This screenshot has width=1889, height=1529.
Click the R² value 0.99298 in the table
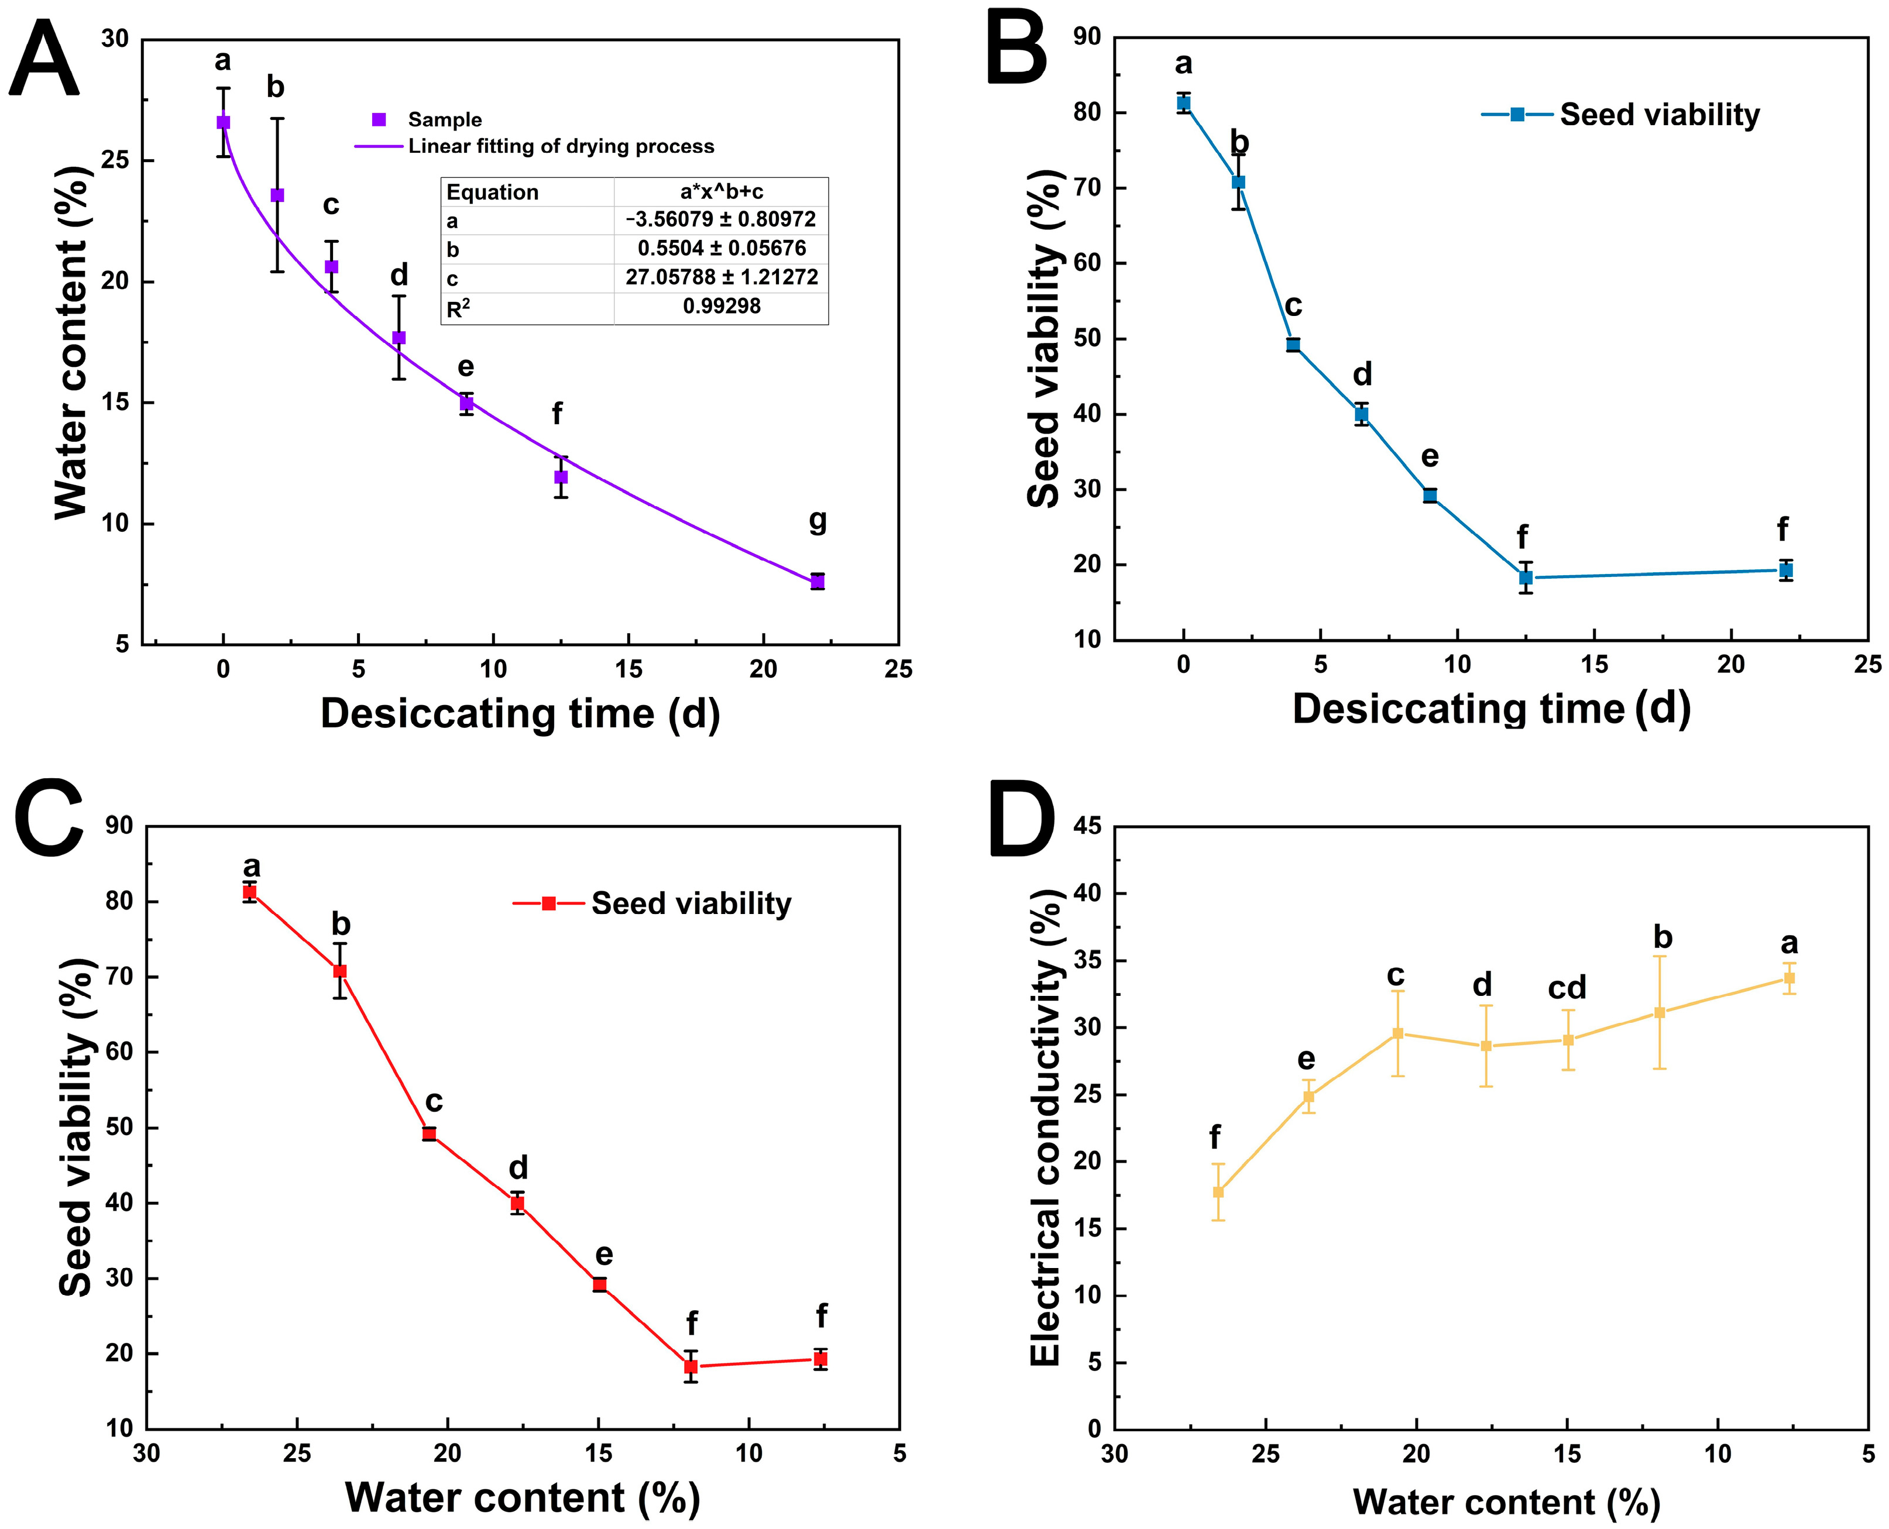click(x=722, y=307)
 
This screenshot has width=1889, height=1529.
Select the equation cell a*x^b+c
click(x=722, y=192)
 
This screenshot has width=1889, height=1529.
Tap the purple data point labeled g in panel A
click(x=818, y=581)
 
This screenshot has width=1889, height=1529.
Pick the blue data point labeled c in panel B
click(x=1293, y=345)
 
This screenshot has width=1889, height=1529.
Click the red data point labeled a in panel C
click(x=250, y=892)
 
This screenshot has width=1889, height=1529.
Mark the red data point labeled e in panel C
click(x=600, y=1284)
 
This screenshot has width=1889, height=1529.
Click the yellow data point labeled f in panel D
click(x=1218, y=1192)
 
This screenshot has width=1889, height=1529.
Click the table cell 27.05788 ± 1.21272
click(x=722, y=277)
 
